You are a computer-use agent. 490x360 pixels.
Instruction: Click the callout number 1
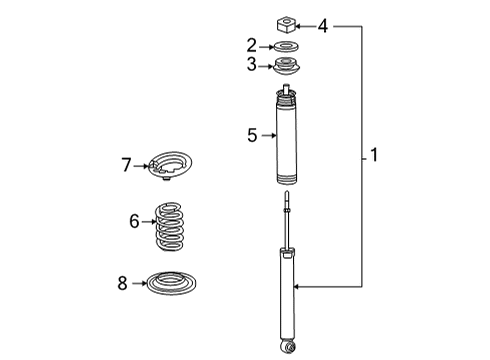pos(374,155)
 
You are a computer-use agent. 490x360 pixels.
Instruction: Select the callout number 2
pos(252,45)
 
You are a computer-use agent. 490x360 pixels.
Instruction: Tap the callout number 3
pos(252,66)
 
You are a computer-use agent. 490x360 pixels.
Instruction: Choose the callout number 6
pos(134,221)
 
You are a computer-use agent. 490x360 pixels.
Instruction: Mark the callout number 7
pos(126,164)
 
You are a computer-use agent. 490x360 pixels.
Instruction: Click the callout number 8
pos(122,283)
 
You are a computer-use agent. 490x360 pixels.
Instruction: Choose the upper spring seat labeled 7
pos(173,166)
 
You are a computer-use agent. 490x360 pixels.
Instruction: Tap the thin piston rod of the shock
pos(288,225)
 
